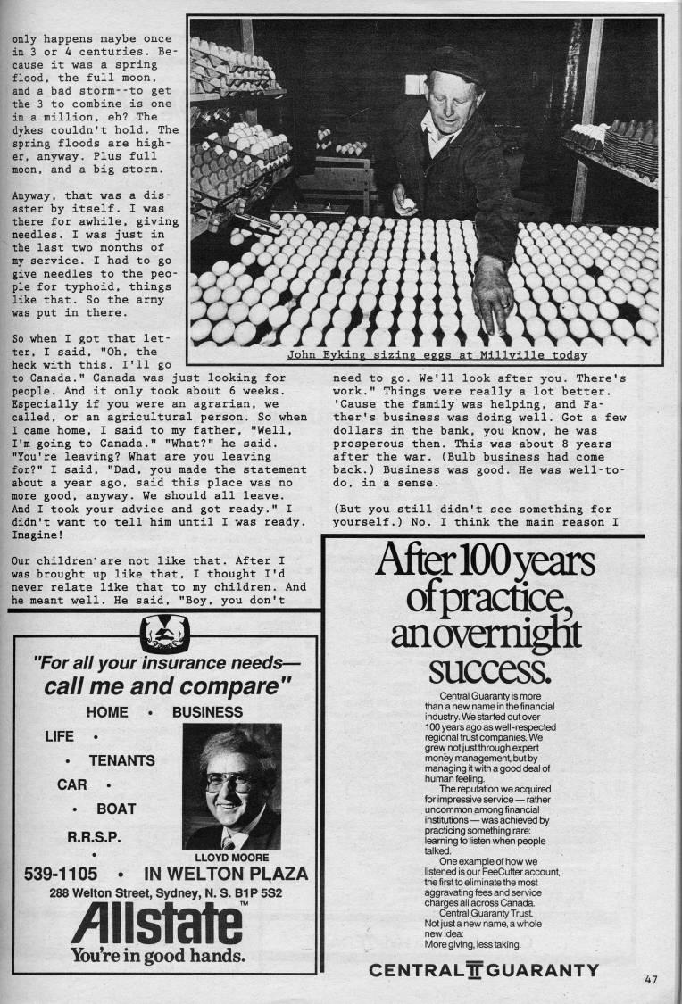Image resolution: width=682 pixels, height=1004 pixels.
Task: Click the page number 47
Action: (x=650, y=979)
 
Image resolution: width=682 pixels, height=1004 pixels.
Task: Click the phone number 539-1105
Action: (x=61, y=874)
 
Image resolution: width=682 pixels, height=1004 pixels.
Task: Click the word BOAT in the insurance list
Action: (x=116, y=809)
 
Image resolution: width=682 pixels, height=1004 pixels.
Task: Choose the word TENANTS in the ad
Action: (x=121, y=760)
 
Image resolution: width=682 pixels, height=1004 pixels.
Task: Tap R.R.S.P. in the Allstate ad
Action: (x=96, y=837)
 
